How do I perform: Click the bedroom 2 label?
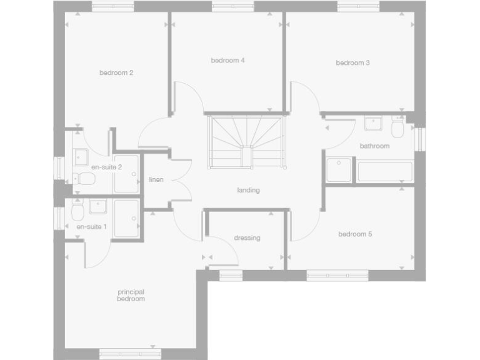click(116, 72)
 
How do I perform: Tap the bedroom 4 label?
click(227, 61)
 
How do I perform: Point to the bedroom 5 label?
click(355, 234)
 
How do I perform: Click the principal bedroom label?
click(131, 295)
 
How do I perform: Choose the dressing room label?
click(247, 237)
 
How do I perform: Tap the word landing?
click(248, 190)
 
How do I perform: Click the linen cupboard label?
click(156, 180)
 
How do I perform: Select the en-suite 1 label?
click(92, 227)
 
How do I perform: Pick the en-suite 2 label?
click(106, 167)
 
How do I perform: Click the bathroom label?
click(374, 146)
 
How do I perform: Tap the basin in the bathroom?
click(374, 122)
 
